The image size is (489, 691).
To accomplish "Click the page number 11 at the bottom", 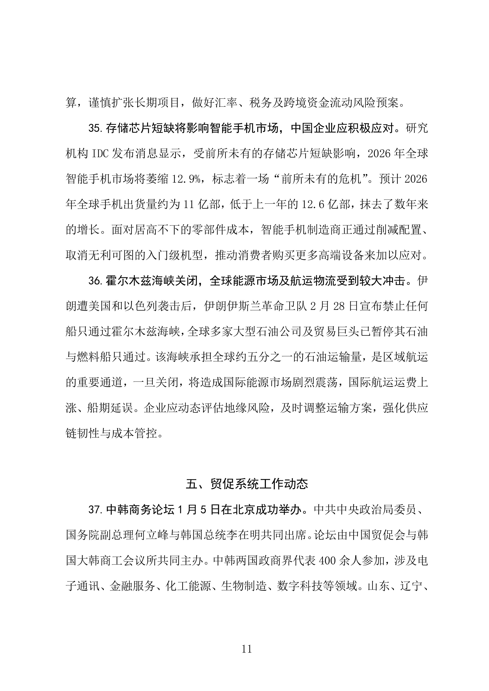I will point(246,649).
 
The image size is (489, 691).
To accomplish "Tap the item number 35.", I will point(96,128).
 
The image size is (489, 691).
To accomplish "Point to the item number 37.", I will point(96,510).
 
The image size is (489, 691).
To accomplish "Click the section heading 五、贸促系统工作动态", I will point(247,484).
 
